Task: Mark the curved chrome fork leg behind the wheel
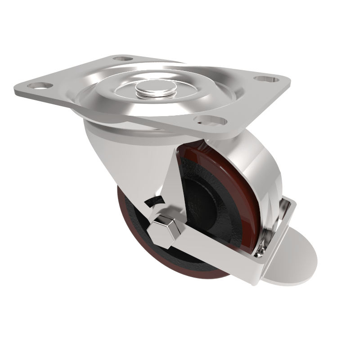pyautogui.click(x=263, y=180)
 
